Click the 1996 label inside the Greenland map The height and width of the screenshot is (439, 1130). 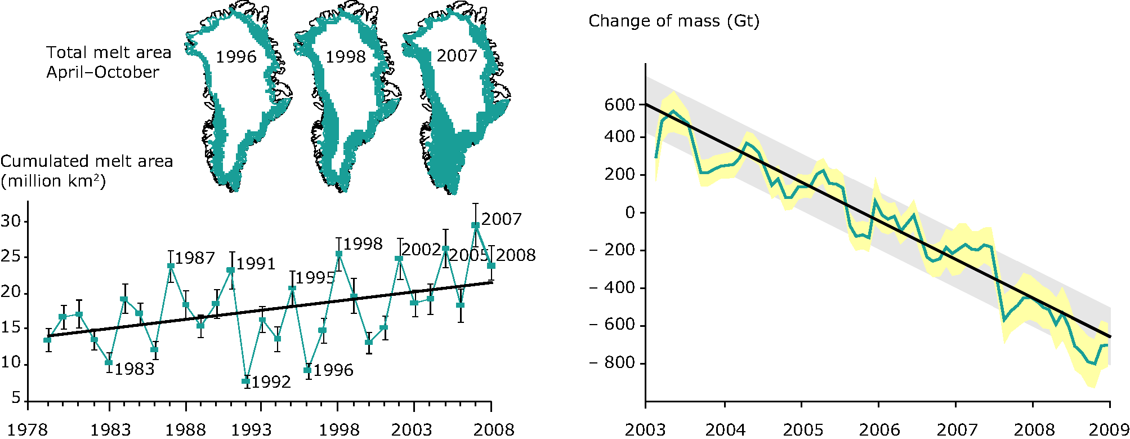[x=236, y=57]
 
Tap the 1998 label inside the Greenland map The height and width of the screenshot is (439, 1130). [x=346, y=57]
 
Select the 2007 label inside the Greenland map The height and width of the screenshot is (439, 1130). [x=457, y=56]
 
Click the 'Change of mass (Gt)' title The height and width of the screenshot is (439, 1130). [x=674, y=21]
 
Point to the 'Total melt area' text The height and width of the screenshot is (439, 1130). [x=109, y=52]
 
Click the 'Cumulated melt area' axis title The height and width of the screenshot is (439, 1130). [x=87, y=162]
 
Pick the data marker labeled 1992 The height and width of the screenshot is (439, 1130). [x=246, y=382]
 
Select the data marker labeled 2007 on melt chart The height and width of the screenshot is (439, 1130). [x=476, y=225]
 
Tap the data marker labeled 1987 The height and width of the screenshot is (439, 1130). [x=171, y=266]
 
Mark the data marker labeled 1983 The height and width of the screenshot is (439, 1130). [x=109, y=362]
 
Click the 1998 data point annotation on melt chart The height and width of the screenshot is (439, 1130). [x=363, y=244]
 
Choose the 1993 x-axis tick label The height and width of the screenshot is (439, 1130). [x=252, y=430]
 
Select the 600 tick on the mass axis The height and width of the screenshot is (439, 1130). [x=619, y=105]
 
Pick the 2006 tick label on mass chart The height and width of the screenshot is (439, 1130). [x=879, y=430]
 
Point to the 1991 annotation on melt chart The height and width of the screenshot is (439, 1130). [x=256, y=264]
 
